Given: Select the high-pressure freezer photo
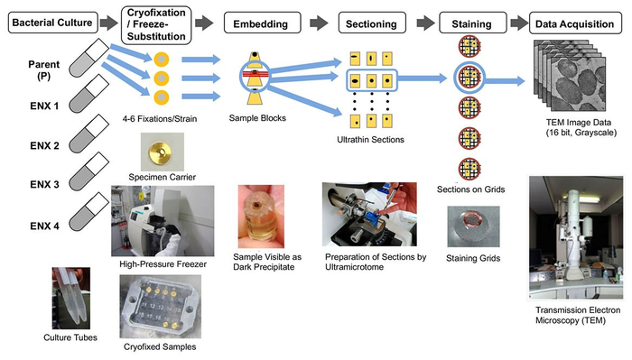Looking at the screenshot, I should (x=163, y=220).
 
